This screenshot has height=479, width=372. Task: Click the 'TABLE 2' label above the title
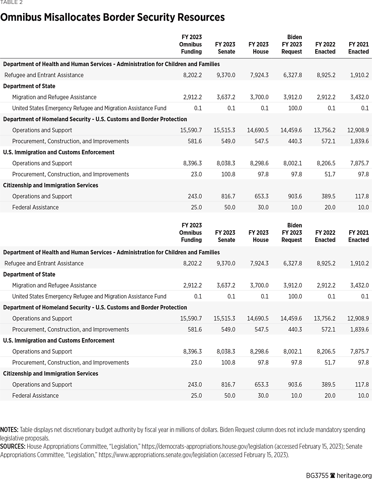point(11,3)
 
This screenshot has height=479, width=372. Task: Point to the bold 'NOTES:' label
point(9,430)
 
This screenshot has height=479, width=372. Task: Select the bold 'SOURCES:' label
point(13,446)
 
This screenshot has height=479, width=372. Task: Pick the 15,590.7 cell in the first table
point(191,130)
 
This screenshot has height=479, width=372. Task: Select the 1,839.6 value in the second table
point(358,329)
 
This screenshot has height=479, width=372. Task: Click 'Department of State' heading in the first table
point(29,86)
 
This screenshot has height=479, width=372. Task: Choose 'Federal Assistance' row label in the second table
point(35,395)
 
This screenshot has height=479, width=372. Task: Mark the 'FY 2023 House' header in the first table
point(258,48)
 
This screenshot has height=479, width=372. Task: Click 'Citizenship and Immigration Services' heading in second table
point(50,373)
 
